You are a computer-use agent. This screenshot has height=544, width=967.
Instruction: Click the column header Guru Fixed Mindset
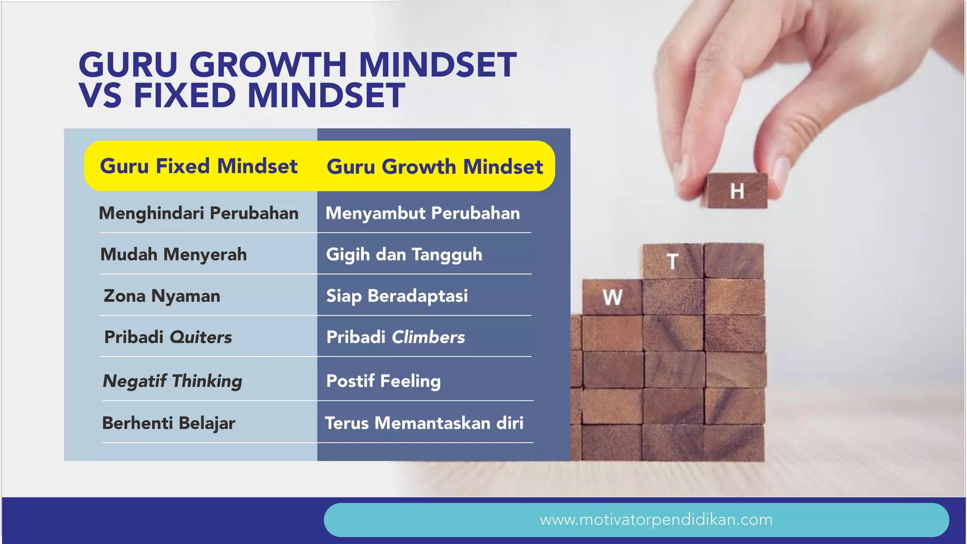point(198,166)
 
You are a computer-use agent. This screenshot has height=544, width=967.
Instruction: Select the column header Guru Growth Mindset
point(434,167)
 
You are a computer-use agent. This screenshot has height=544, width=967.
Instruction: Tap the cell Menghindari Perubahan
point(198,213)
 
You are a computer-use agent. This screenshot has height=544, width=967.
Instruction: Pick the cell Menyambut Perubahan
point(423,213)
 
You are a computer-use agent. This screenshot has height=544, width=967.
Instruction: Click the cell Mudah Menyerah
point(173,255)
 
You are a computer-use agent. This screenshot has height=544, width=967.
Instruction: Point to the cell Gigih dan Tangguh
point(404,255)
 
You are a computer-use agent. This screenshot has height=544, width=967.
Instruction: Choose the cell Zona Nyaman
point(162,296)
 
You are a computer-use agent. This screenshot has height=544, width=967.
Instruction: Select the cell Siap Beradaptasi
point(397,296)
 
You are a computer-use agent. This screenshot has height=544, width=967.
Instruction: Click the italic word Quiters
point(201,337)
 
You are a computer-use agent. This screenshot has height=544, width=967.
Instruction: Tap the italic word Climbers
point(428,337)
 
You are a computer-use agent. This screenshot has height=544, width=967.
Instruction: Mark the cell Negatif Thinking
point(172,381)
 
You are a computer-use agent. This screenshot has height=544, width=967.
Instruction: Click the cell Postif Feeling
point(383,381)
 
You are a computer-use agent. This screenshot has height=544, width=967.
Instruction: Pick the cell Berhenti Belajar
point(169,423)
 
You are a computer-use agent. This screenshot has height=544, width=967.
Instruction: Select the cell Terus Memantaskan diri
point(424,423)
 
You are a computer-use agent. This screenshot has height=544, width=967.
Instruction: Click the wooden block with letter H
point(737,191)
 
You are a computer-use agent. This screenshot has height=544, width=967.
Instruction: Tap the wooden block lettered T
point(672,261)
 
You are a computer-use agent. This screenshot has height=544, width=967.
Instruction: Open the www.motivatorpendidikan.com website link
point(656,520)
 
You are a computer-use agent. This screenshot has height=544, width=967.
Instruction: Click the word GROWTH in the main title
point(268,65)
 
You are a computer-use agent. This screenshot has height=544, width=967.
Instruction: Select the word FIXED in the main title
point(185,96)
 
